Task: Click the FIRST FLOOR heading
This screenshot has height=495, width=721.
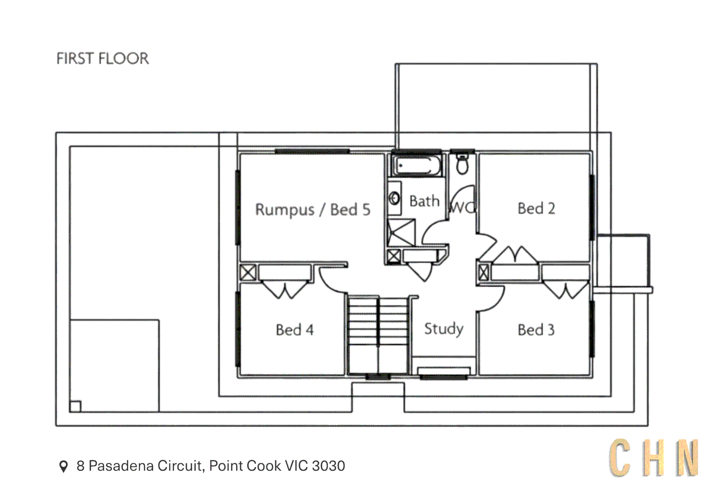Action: pos(103,59)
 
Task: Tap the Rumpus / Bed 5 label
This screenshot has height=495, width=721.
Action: pos(312,209)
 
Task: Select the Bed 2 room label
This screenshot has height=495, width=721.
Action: pos(536,209)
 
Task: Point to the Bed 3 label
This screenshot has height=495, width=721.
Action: pos(536,330)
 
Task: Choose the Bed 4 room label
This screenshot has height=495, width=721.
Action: pos(295,330)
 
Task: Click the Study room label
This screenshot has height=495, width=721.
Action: pos(443,328)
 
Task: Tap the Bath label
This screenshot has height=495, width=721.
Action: pos(424,201)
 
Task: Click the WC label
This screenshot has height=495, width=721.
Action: pos(463,208)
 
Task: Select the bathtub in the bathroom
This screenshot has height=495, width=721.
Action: pos(417,166)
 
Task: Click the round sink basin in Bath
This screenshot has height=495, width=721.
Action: pos(394,198)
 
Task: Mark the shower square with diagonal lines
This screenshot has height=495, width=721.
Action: pos(401,233)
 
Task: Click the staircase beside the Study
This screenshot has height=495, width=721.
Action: pos(378,335)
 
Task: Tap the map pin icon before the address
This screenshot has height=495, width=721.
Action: pos(64,466)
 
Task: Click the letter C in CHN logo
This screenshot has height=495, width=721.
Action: pos(620,458)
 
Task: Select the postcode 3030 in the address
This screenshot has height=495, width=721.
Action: pos(328,466)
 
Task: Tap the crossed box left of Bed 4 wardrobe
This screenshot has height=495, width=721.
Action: pos(248,272)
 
